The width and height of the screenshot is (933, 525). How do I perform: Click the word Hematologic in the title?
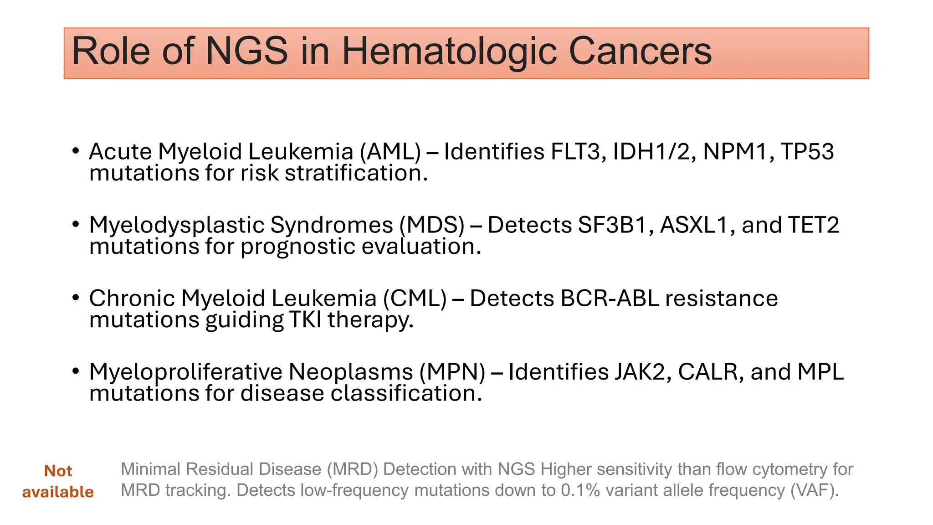449,51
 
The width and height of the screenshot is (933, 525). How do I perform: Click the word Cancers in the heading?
640,51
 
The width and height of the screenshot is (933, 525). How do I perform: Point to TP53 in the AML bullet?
807,152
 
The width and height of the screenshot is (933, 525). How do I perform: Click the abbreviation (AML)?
390,152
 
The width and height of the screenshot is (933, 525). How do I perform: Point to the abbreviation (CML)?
415,299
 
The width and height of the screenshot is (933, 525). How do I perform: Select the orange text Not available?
58,481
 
